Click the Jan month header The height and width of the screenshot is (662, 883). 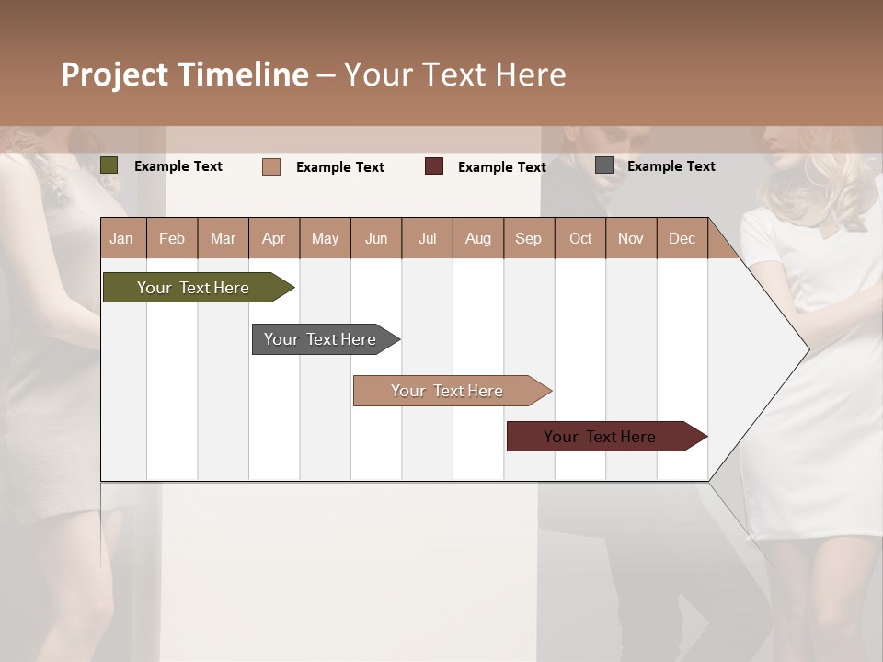[121, 238]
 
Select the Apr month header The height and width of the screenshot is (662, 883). [273, 238]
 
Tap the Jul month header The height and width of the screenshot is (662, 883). [427, 238]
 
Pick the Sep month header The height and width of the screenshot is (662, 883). [528, 238]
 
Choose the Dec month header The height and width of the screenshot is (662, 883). [682, 238]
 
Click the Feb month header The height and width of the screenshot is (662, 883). [172, 238]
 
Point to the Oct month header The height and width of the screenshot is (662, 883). [580, 238]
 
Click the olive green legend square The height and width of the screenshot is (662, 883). [109, 165]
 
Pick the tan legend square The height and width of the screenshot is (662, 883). [271, 166]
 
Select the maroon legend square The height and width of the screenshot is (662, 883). [434, 166]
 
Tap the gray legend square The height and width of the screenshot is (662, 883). [604, 165]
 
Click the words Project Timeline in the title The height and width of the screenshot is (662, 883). [185, 74]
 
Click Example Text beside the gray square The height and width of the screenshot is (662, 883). [671, 166]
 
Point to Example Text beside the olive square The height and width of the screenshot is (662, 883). [178, 166]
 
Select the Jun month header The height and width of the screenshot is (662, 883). [376, 238]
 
